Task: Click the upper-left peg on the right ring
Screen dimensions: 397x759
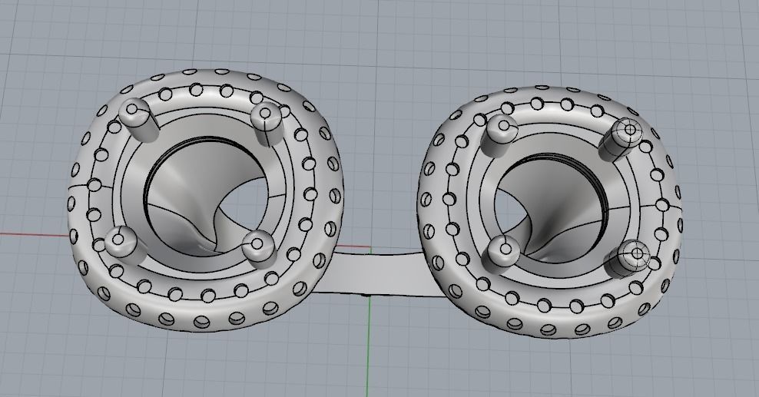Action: point(501,132)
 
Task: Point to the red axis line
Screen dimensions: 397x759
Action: point(31,233)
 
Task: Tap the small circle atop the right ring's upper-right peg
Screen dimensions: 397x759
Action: point(630,130)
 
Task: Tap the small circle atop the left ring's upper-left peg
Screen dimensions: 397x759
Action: point(132,110)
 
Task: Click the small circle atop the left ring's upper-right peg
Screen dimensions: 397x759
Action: point(266,114)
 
